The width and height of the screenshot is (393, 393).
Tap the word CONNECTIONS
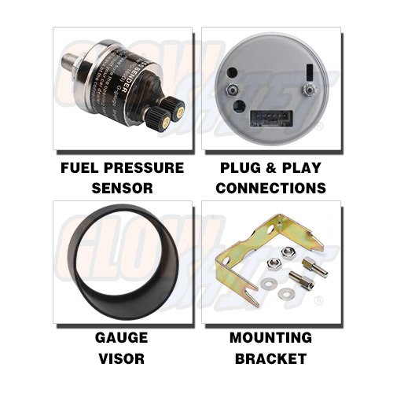coord(270,188)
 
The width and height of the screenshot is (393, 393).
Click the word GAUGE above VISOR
coord(122,339)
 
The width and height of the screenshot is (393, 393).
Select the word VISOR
coord(122,358)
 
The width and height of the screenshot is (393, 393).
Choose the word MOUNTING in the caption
coord(270,339)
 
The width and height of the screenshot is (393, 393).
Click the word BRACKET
coord(270,358)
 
